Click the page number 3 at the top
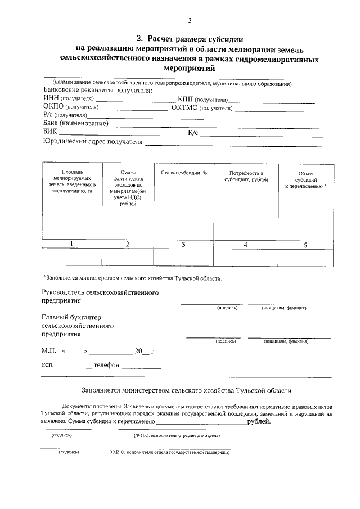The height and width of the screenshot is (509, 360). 190,21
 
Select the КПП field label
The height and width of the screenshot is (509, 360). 186,98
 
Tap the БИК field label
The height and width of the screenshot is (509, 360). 50,133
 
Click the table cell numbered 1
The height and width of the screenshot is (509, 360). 71,244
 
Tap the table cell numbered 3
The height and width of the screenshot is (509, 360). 183,244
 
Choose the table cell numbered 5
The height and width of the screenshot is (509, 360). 305,244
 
